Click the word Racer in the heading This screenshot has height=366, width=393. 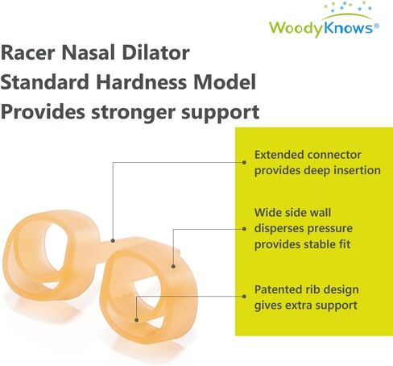pos(28,52)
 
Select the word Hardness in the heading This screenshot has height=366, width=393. pos(141,82)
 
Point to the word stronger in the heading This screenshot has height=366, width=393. pos(134,113)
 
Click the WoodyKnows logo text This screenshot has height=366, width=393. pos(321,28)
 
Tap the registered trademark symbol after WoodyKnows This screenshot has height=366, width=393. pos(376,26)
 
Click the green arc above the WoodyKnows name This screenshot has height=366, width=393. pos(347,16)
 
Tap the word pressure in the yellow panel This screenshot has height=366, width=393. pos(330,229)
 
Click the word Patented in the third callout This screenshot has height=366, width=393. pos(279,289)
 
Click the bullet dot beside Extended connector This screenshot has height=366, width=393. pos(244,162)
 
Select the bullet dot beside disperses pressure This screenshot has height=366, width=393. pos(244,229)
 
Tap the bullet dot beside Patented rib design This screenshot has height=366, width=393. pos(244,297)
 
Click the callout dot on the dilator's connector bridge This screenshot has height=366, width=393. pos(113,240)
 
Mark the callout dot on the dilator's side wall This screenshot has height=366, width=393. pos(173,266)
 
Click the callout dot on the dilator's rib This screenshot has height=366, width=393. pos(136,320)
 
